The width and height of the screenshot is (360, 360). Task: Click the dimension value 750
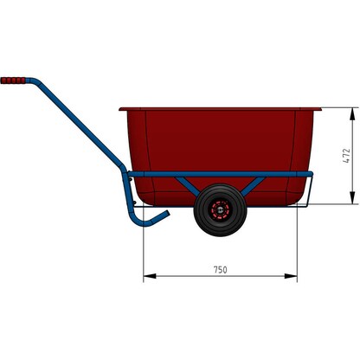[220, 270]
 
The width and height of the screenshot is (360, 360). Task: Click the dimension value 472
[346, 156]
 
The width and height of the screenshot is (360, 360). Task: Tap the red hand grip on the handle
[14, 80]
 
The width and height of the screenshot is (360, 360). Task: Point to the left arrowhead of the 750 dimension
[148, 277]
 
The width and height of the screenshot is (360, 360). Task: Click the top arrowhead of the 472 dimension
[355, 112]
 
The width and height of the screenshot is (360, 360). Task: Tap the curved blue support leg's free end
[167, 213]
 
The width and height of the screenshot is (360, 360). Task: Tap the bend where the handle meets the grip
[33, 81]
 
